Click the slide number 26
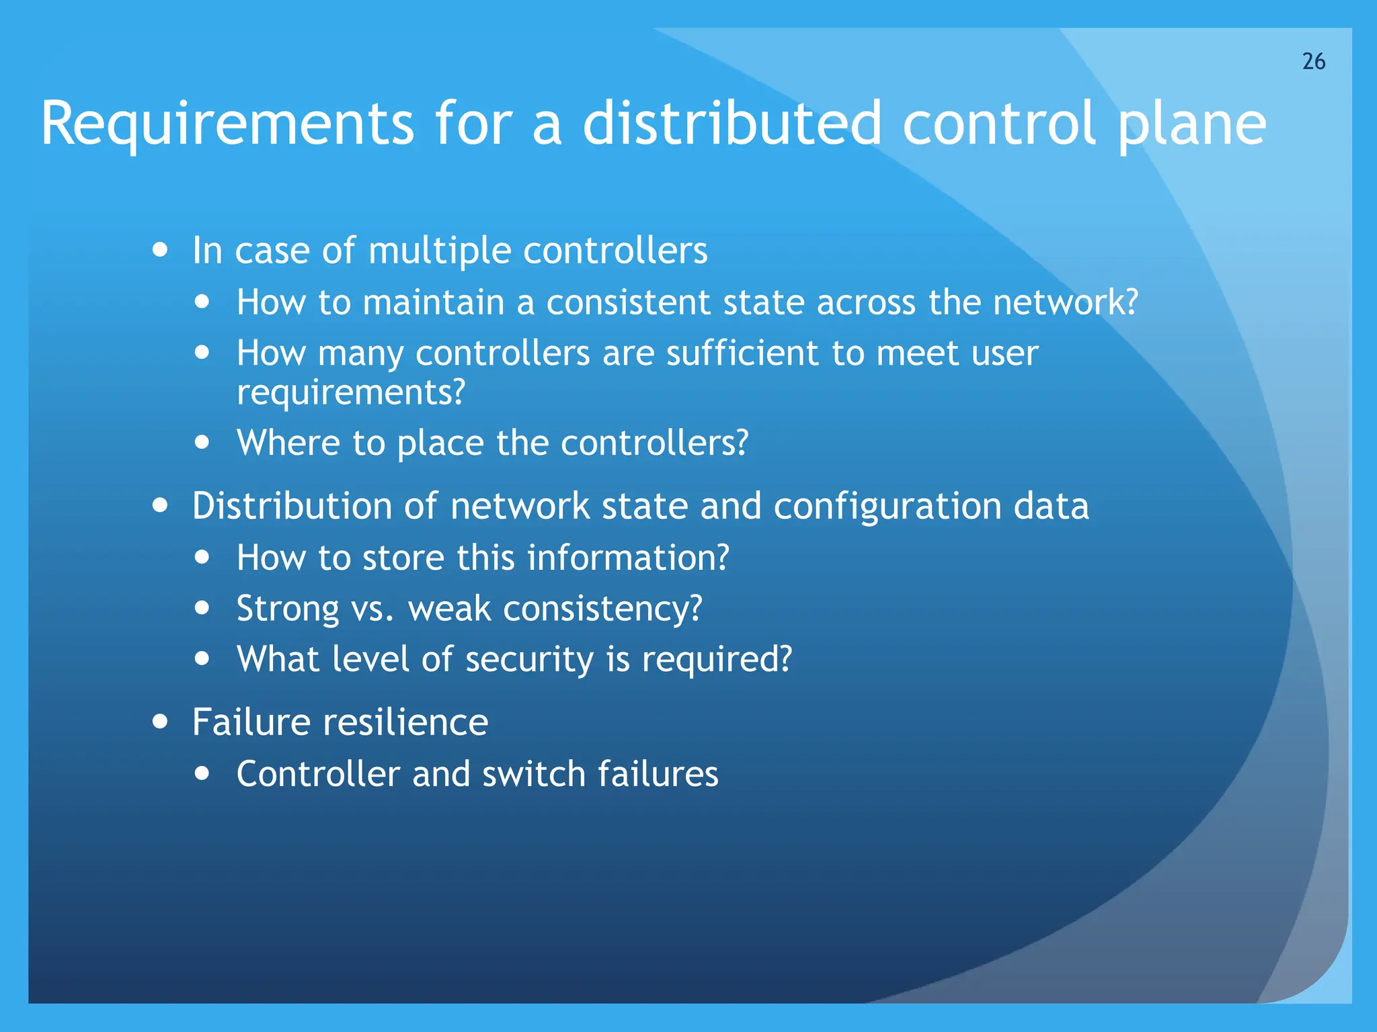click(x=1313, y=61)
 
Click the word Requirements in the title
click(x=227, y=124)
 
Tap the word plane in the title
click(x=1191, y=124)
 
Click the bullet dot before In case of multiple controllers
click(x=160, y=250)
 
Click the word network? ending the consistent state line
click(x=1065, y=302)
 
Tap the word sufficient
click(x=742, y=353)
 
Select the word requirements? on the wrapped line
click(x=350, y=392)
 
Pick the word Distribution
click(x=291, y=506)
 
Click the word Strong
click(x=288, y=609)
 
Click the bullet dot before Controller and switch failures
click(x=202, y=773)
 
